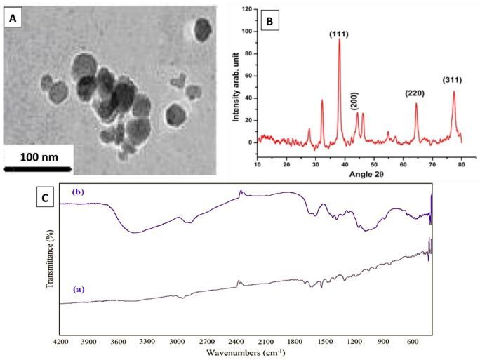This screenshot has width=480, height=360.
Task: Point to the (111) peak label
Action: [340, 32]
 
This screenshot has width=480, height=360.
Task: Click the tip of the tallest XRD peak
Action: [340, 39]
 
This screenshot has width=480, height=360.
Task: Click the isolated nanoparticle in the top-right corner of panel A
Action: [202, 29]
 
